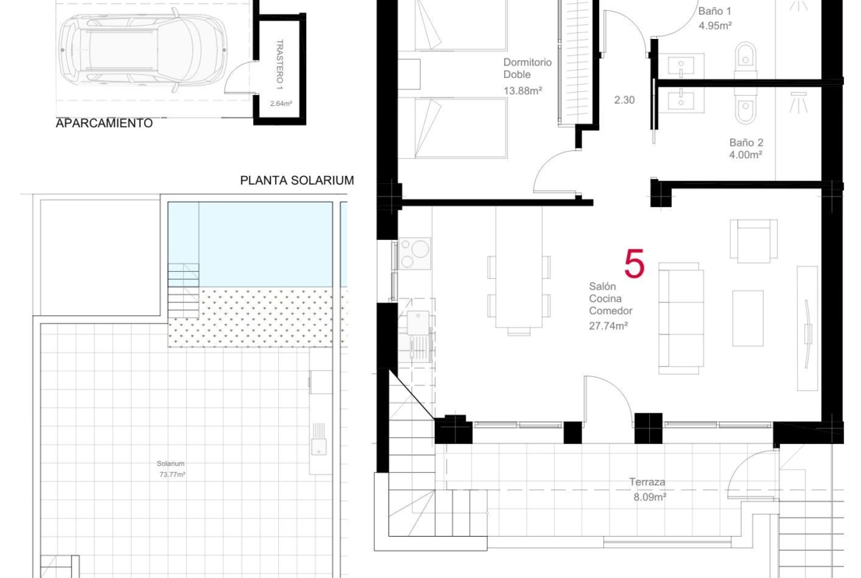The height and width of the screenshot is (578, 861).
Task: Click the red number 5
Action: pyautogui.click(x=634, y=264)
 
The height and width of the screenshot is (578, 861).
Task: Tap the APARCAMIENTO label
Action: pyautogui.click(x=104, y=123)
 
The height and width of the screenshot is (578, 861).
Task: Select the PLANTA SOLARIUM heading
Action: pyautogui.click(x=297, y=180)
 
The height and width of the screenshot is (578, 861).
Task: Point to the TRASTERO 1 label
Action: pyautogui.click(x=280, y=64)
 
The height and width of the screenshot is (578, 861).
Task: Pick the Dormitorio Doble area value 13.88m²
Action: pyautogui.click(x=522, y=91)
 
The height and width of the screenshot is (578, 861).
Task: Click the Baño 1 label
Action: pyautogui.click(x=715, y=12)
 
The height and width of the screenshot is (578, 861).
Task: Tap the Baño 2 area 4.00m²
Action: pyautogui.click(x=745, y=155)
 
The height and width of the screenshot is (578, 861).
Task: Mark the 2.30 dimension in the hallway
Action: pyautogui.click(x=624, y=100)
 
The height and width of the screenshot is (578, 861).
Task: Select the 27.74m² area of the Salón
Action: pyautogui.click(x=609, y=325)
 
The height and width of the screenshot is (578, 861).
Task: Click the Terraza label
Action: pyautogui.click(x=648, y=482)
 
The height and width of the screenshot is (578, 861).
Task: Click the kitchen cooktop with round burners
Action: pyautogui.click(x=415, y=253)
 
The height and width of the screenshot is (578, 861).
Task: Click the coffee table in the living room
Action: pyautogui.click(x=748, y=319)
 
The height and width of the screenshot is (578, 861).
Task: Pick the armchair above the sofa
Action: pyautogui.click(x=754, y=241)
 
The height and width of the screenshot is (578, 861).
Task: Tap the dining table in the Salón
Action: pyautogui.click(x=519, y=267)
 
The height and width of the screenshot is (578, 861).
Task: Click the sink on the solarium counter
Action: pyautogui.click(x=319, y=445)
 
